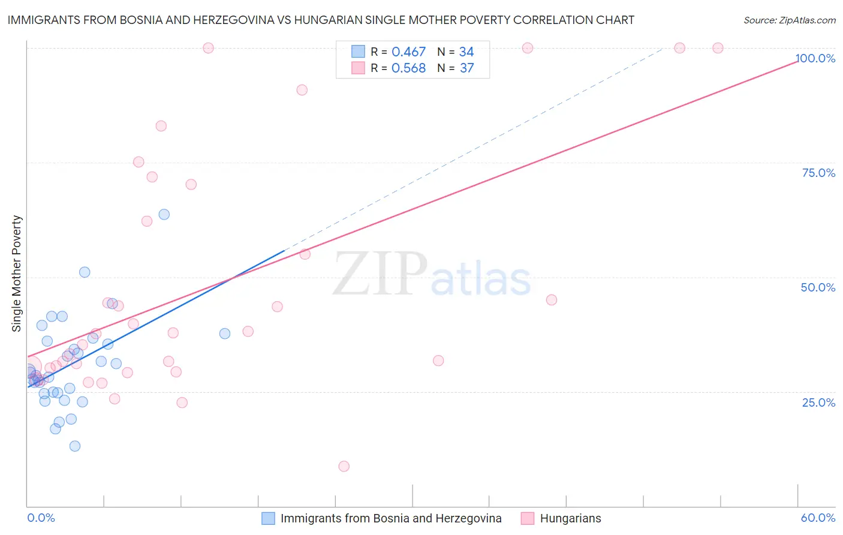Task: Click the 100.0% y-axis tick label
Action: pyautogui.click(x=815, y=58)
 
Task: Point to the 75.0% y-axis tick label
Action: pyautogui.click(x=818, y=173)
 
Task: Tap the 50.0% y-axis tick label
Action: pyautogui.click(x=818, y=287)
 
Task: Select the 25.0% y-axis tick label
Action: pyautogui.click(x=818, y=402)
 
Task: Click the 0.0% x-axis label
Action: pyautogui.click(x=41, y=518)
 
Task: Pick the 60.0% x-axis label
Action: pyautogui.click(x=818, y=518)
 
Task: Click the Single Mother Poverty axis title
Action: pyautogui.click(x=17, y=273)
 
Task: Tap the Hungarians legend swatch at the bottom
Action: pyautogui.click(x=528, y=518)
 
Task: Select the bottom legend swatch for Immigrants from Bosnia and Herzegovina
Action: pyautogui.click(x=268, y=518)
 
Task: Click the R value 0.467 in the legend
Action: pyautogui.click(x=408, y=52)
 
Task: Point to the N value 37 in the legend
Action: pyautogui.click(x=466, y=68)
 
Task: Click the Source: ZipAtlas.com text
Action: pyautogui.click(x=789, y=20)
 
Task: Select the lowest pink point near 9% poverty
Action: pyautogui.click(x=344, y=466)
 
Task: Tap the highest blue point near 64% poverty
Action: pyautogui.click(x=164, y=214)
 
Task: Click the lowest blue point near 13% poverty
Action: pyautogui.click(x=75, y=446)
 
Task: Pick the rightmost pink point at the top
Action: pyautogui.click(x=718, y=48)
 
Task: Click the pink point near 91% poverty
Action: pyautogui.click(x=302, y=90)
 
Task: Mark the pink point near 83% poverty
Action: pyautogui.click(x=161, y=126)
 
